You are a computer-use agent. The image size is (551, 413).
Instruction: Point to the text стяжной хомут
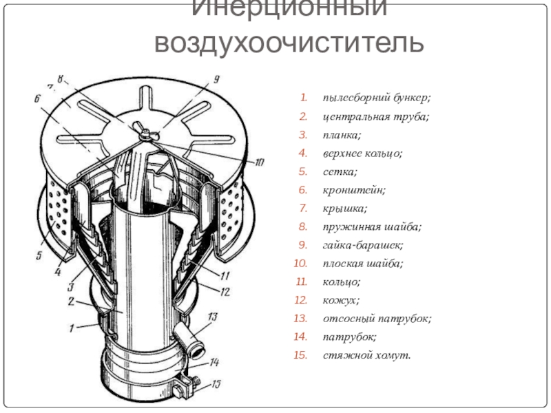[366, 356]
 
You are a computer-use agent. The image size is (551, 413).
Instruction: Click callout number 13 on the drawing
[212, 317]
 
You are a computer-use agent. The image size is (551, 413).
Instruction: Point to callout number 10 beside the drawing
[258, 163]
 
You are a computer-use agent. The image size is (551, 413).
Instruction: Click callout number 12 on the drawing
[225, 292]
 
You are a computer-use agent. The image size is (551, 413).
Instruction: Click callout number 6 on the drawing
[35, 99]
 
